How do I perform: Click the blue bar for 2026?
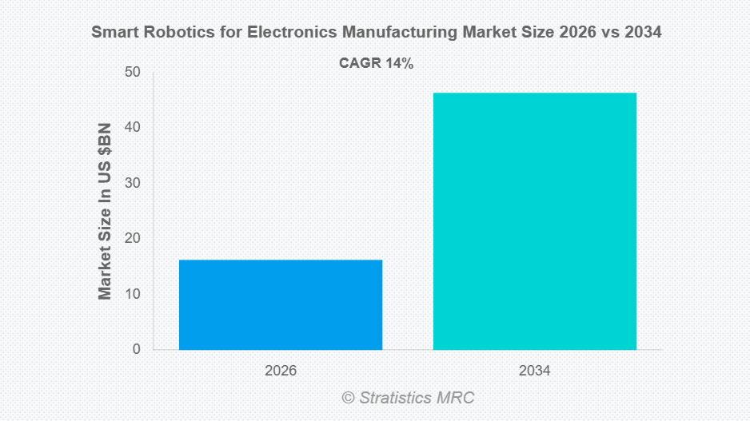pos(280,304)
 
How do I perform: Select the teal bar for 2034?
pos(534,221)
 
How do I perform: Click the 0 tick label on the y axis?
pos(136,349)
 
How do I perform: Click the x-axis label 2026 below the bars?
pos(280,371)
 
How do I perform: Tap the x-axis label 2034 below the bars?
pos(534,371)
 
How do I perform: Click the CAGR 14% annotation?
pos(376,64)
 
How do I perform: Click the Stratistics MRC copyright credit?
pos(408,397)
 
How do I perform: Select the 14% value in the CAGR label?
pos(399,64)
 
